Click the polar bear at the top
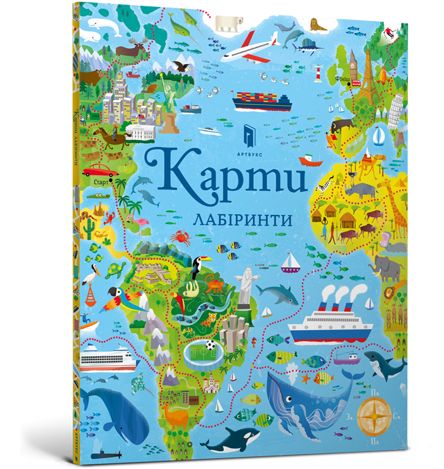click(x=229, y=23)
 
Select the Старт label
click(x=101, y=182)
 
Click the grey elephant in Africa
click(x=388, y=266)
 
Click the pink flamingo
click(x=135, y=219)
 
